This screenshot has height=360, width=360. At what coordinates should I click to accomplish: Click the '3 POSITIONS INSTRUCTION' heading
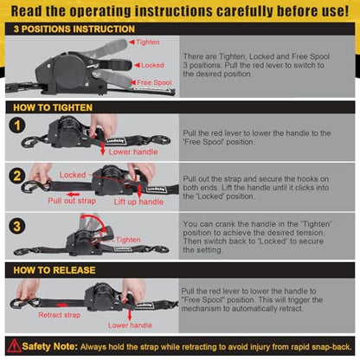[74, 29]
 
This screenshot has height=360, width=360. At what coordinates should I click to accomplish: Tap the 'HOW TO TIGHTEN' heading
[53, 107]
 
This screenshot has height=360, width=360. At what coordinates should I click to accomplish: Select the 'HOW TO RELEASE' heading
[55, 270]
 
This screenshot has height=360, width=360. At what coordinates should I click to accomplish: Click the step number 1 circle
[17, 125]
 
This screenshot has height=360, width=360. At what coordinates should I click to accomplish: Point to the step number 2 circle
[17, 176]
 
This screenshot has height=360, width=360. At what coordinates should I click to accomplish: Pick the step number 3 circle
[17, 226]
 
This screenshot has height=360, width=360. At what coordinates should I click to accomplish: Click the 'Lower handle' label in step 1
[133, 151]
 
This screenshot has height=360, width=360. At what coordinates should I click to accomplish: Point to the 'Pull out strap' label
[72, 201]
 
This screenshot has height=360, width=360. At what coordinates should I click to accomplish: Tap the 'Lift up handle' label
[138, 202]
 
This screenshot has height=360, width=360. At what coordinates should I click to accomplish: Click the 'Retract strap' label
[60, 315]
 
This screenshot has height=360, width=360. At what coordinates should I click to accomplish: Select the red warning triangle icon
[14, 346]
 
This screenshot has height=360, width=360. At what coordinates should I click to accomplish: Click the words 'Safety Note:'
[50, 346]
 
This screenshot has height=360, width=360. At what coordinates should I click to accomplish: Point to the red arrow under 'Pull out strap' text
[73, 195]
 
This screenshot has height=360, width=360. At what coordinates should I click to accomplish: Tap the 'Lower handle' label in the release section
[130, 325]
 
